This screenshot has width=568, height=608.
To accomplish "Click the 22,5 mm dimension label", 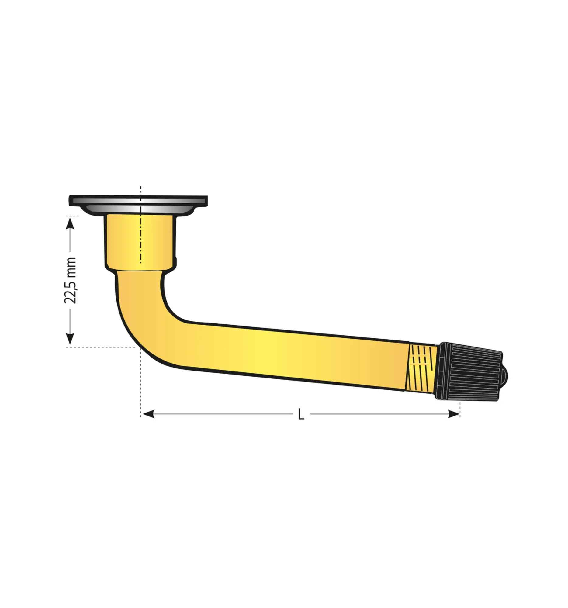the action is pyautogui.click(x=70, y=281).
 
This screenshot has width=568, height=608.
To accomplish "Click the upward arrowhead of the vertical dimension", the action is pyautogui.click(x=70, y=223).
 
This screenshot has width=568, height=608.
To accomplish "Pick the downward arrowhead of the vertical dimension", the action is pyautogui.click(x=70, y=339).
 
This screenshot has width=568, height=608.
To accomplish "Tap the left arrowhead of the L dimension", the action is pyautogui.click(x=148, y=414).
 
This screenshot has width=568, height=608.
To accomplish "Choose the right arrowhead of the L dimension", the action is pyautogui.click(x=453, y=414).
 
